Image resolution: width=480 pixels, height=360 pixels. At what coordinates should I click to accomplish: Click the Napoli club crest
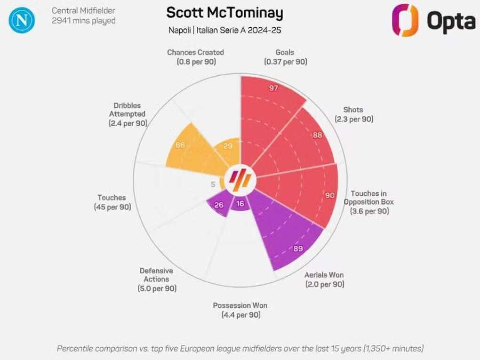pyautogui.click(x=22, y=20)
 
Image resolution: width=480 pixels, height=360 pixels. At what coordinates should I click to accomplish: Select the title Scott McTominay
pyautogui.click(x=224, y=13)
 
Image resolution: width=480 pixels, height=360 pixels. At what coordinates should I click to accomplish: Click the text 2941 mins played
pyautogui.click(x=83, y=20)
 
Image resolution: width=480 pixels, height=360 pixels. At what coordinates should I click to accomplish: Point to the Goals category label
pyautogui.click(x=285, y=52)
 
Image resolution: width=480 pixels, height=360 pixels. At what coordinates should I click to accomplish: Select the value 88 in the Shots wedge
pyautogui.click(x=318, y=135)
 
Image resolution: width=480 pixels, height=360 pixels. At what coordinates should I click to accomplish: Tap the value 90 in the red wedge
pyautogui.click(x=330, y=195)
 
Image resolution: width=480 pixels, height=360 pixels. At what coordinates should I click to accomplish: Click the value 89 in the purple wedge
pyautogui.click(x=298, y=249)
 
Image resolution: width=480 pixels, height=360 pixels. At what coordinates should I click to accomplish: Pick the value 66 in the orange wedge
pyautogui.click(x=180, y=145)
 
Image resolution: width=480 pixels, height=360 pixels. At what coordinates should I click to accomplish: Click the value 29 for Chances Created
pyautogui.click(x=228, y=146)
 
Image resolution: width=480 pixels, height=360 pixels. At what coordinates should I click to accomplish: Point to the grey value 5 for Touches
pyautogui.click(x=213, y=184)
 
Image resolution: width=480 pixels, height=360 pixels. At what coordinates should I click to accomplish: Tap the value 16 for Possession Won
pyautogui.click(x=240, y=204)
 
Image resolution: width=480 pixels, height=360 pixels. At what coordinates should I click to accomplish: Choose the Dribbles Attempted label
pyautogui.click(x=128, y=114)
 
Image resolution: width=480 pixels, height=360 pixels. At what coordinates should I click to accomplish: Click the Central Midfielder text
pyautogui.click(x=83, y=10)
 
